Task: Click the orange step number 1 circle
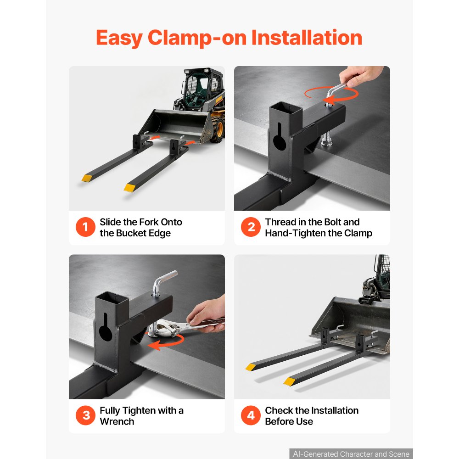click(x=85, y=227)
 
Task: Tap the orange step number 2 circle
click(x=251, y=227)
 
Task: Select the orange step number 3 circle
click(x=85, y=415)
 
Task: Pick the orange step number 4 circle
click(x=251, y=415)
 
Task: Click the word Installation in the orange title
click(x=307, y=38)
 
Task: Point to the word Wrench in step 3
click(x=117, y=421)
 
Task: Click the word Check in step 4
click(x=279, y=410)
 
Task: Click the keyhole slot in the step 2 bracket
click(x=279, y=137)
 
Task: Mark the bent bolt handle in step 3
click(x=164, y=282)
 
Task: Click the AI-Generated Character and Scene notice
click(x=351, y=454)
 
